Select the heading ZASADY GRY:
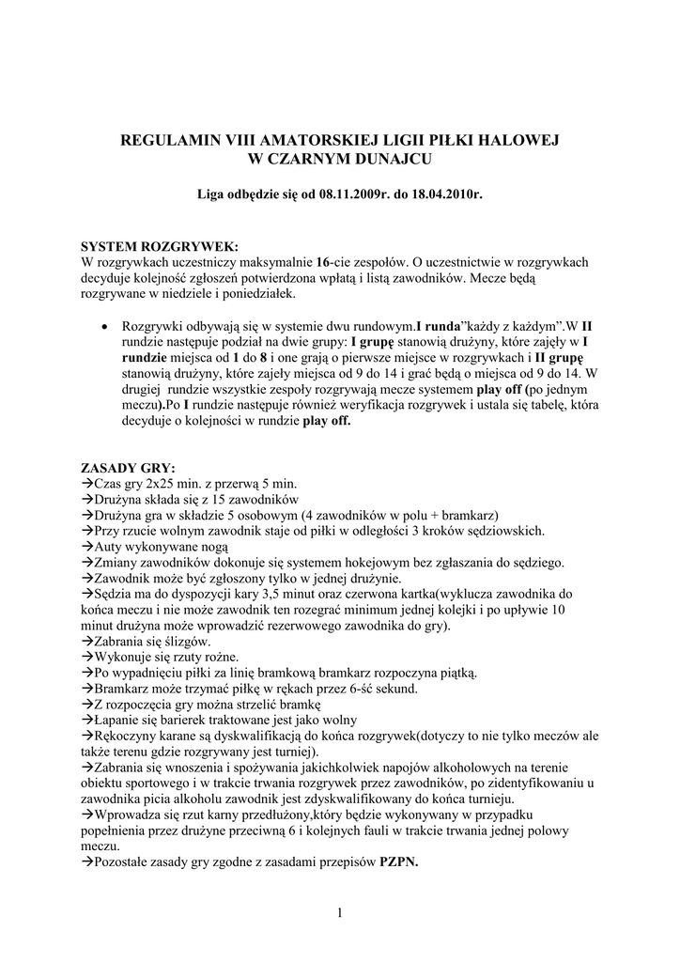[x=129, y=468]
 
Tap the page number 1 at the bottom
[x=339, y=913]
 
